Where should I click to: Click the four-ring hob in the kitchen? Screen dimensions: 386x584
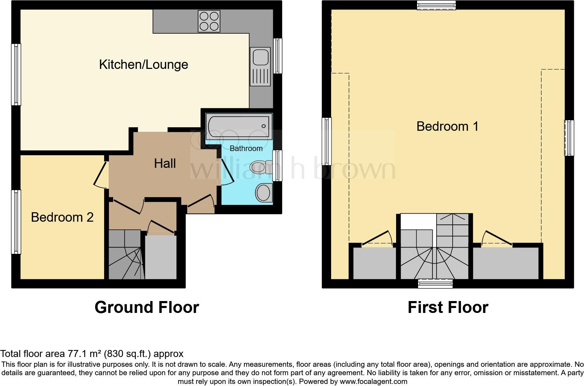pos(209,21)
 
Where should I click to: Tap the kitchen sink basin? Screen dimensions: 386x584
pos(260,57)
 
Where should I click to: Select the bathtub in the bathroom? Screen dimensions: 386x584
pos(239,126)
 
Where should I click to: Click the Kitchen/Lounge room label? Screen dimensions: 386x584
pos(144,65)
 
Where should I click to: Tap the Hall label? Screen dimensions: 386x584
pos(165,163)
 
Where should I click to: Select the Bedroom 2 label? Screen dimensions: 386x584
pos(62,217)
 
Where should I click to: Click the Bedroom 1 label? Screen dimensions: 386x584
pos(447,126)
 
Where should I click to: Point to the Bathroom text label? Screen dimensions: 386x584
pos(246,148)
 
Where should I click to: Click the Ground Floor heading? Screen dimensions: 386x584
pos(147,307)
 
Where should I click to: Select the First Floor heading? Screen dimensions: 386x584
pos(448,307)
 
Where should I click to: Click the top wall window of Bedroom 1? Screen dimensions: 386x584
pos(437,5)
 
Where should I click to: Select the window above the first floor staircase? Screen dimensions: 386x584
pos(436,284)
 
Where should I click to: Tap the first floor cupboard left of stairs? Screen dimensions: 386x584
pos(374,263)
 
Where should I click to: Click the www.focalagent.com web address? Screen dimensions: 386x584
pos(373,381)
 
